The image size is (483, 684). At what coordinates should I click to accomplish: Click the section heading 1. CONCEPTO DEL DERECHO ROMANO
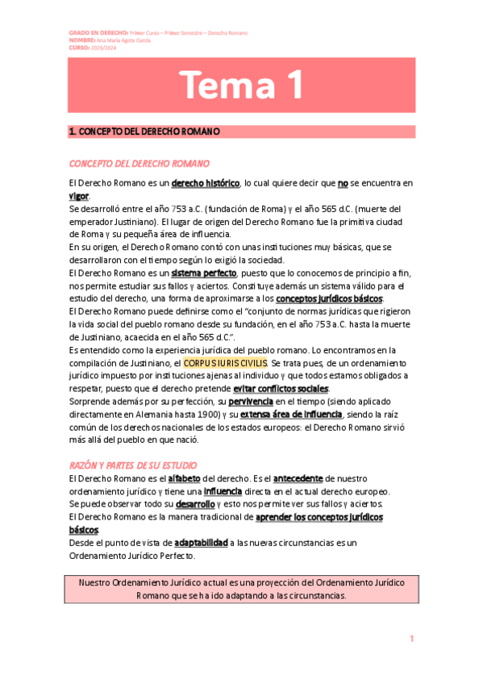click(145, 131)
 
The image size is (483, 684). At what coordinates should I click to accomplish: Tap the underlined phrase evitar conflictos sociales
click(276, 389)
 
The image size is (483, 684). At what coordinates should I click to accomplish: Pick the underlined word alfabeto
click(189, 479)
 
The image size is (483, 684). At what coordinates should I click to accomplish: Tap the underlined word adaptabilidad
click(201, 543)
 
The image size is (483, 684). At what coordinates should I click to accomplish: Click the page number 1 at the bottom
click(411, 640)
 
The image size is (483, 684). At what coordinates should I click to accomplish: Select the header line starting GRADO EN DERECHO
click(158, 32)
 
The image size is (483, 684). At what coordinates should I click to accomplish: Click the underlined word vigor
click(80, 196)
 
